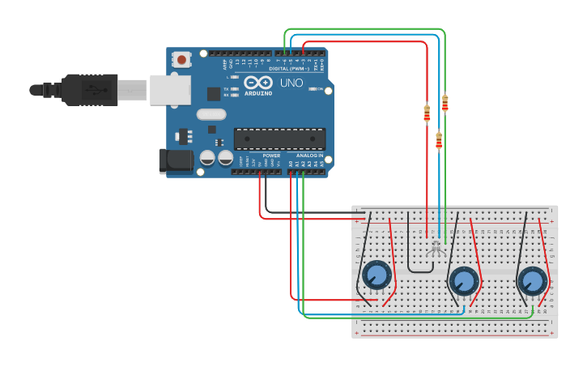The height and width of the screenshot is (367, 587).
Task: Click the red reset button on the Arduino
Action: [182, 59]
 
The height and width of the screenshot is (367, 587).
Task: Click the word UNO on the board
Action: [291, 83]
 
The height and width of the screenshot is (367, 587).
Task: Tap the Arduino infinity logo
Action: [258, 83]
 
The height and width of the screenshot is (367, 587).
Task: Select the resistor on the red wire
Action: [427, 113]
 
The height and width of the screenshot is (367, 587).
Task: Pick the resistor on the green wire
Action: [445, 103]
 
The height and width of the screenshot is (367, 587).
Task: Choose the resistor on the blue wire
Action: [439, 141]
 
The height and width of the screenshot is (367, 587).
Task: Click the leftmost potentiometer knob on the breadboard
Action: [376, 275]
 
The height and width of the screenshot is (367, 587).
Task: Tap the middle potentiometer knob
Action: [464, 280]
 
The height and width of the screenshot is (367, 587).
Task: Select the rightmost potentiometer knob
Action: [533, 280]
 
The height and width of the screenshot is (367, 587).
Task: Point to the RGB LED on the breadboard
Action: [436, 246]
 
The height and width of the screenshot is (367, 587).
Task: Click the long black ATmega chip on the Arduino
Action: [279, 139]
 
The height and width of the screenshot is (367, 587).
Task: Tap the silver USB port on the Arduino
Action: [170, 90]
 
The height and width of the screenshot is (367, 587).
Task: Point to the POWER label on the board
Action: [270, 155]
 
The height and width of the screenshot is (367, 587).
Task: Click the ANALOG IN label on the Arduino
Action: [308, 155]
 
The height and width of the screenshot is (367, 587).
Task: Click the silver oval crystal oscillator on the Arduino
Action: [211, 114]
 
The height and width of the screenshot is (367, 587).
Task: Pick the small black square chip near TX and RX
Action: [214, 94]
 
